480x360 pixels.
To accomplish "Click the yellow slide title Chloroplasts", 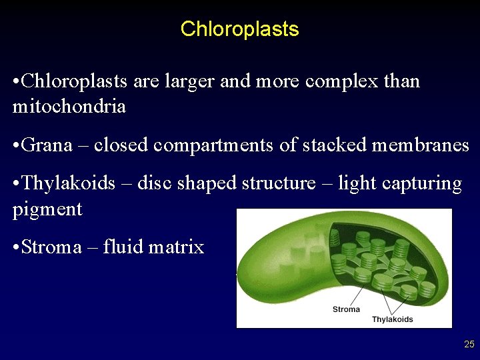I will [239, 29].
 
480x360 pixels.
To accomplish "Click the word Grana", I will [47, 145].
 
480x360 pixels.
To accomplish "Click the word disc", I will [153, 183].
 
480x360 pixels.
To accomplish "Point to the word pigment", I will [47, 210].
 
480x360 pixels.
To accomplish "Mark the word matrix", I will [177, 247].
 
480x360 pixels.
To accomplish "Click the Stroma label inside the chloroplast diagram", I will [346, 309].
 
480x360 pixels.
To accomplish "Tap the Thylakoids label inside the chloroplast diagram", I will [392, 319].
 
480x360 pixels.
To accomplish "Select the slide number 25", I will [469, 345].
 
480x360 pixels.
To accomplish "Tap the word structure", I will [277, 183].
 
